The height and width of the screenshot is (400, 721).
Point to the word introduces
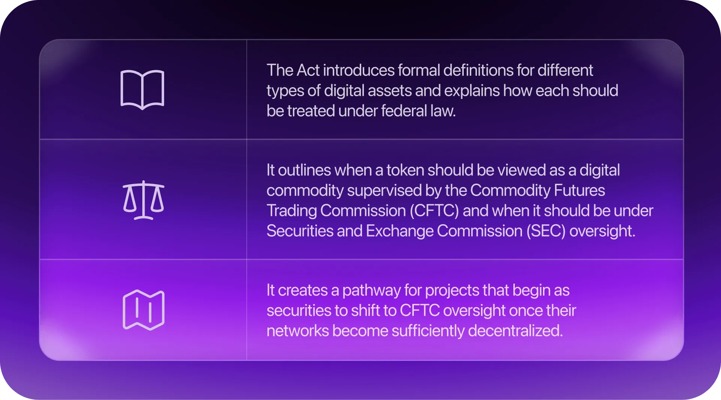[x=359, y=70]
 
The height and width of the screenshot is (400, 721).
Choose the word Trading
[x=292, y=211]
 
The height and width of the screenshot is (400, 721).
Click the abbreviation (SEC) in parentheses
[x=546, y=231]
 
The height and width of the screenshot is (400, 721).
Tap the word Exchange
[x=400, y=231]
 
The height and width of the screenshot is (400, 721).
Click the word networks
[x=298, y=331]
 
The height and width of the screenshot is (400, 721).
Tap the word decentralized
[x=515, y=331]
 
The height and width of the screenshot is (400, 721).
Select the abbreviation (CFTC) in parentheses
[x=434, y=211]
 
